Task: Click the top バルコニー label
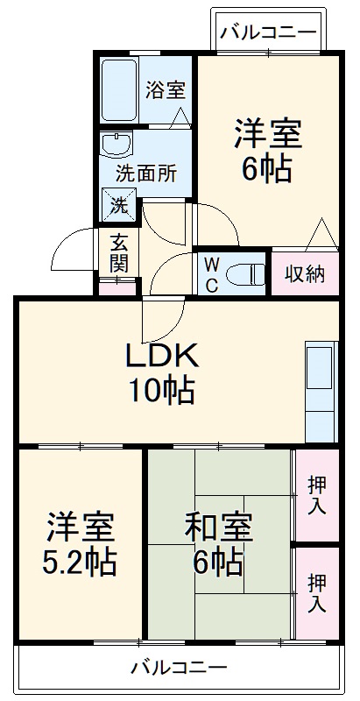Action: coord(268,33)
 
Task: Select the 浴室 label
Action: coord(165,89)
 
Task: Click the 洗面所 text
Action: coord(145,172)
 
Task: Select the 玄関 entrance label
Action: coord(118,251)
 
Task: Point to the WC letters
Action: coord(212,274)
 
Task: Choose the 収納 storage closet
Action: coord(304,274)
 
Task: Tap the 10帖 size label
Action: coord(163,391)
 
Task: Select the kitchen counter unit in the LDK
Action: coord(321,391)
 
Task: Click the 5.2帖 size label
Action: coord(80,562)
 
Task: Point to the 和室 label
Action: coord(219,528)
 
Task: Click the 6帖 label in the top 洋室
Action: coord(266,169)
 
